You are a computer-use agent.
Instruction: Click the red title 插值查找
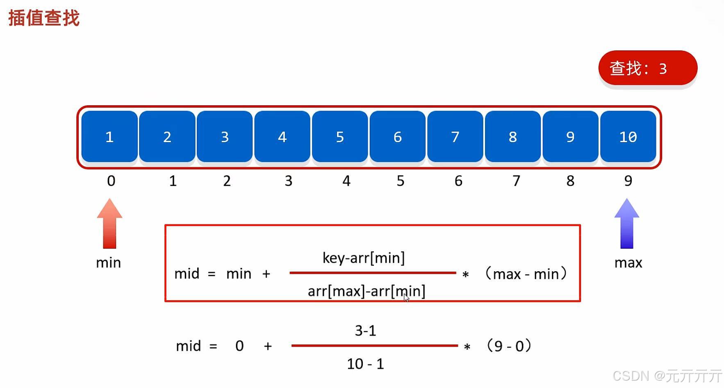click(x=44, y=18)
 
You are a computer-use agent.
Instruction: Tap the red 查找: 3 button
click(x=647, y=68)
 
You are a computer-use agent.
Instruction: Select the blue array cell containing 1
click(x=109, y=136)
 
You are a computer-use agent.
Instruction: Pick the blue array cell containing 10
click(x=628, y=136)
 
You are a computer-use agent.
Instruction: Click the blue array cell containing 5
click(x=340, y=136)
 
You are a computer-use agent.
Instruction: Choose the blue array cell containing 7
click(x=455, y=136)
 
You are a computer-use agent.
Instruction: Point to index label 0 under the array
click(x=111, y=181)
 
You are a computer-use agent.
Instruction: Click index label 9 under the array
click(x=628, y=181)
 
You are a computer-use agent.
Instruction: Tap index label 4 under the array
click(x=346, y=181)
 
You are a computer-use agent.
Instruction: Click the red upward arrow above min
click(x=109, y=223)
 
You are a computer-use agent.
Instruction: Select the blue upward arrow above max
click(x=627, y=223)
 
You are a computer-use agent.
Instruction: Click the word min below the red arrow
click(x=108, y=263)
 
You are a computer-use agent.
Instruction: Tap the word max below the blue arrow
click(x=628, y=263)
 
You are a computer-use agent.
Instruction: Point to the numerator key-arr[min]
click(x=364, y=258)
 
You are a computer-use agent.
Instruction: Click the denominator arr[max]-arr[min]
click(x=367, y=291)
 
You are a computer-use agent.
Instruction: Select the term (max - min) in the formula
click(x=526, y=273)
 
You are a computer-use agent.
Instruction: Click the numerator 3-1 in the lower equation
click(x=365, y=330)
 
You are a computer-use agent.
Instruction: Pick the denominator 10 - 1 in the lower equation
click(x=365, y=363)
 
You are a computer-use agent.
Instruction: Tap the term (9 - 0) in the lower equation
click(x=509, y=346)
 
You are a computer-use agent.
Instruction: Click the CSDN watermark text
click(x=667, y=376)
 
